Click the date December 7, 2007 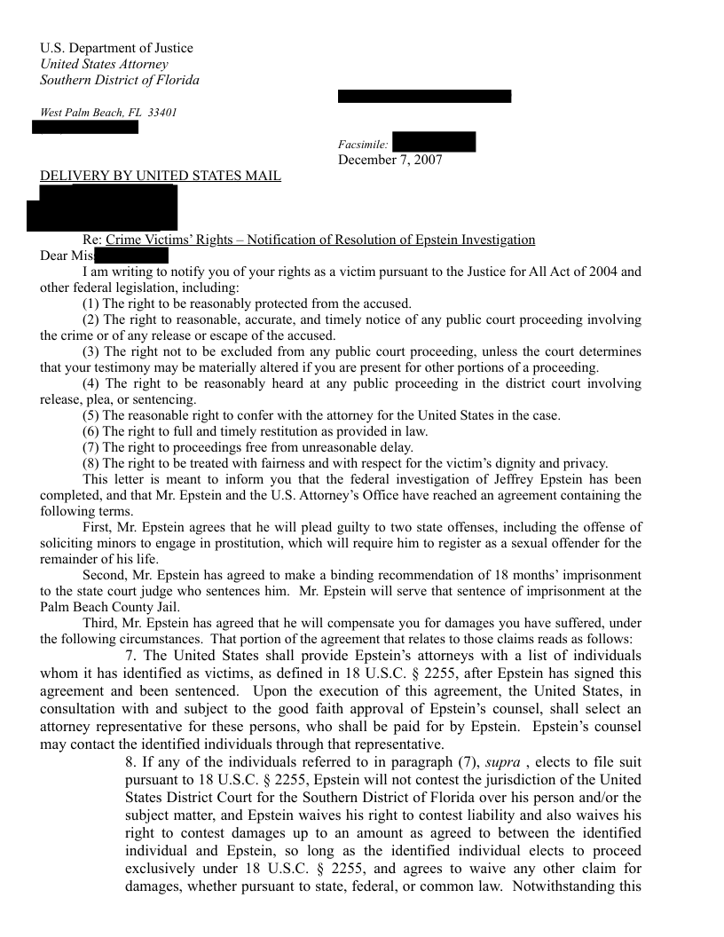pyautogui.click(x=390, y=160)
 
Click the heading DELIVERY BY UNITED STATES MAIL pyautogui.click(x=161, y=176)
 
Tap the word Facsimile pyautogui.click(x=362, y=144)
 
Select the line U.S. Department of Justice pyautogui.click(x=116, y=48)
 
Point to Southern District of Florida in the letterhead pyautogui.click(x=120, y=80)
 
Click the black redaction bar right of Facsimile pyautogui.click(x=433, y=142)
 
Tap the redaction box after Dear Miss pyautogui.click(x=131, y=256)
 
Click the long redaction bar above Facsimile pyautogui.click(x=424, y=96)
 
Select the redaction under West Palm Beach pyautogui.click(x=85, y=127)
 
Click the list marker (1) pyautogui.click(x=90, y=303)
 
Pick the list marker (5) pyautogui.click(x=90, y=415)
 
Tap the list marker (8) pyautogui.click(x=90, y=463)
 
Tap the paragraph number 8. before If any pyautogui.click(x=131, y=763)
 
